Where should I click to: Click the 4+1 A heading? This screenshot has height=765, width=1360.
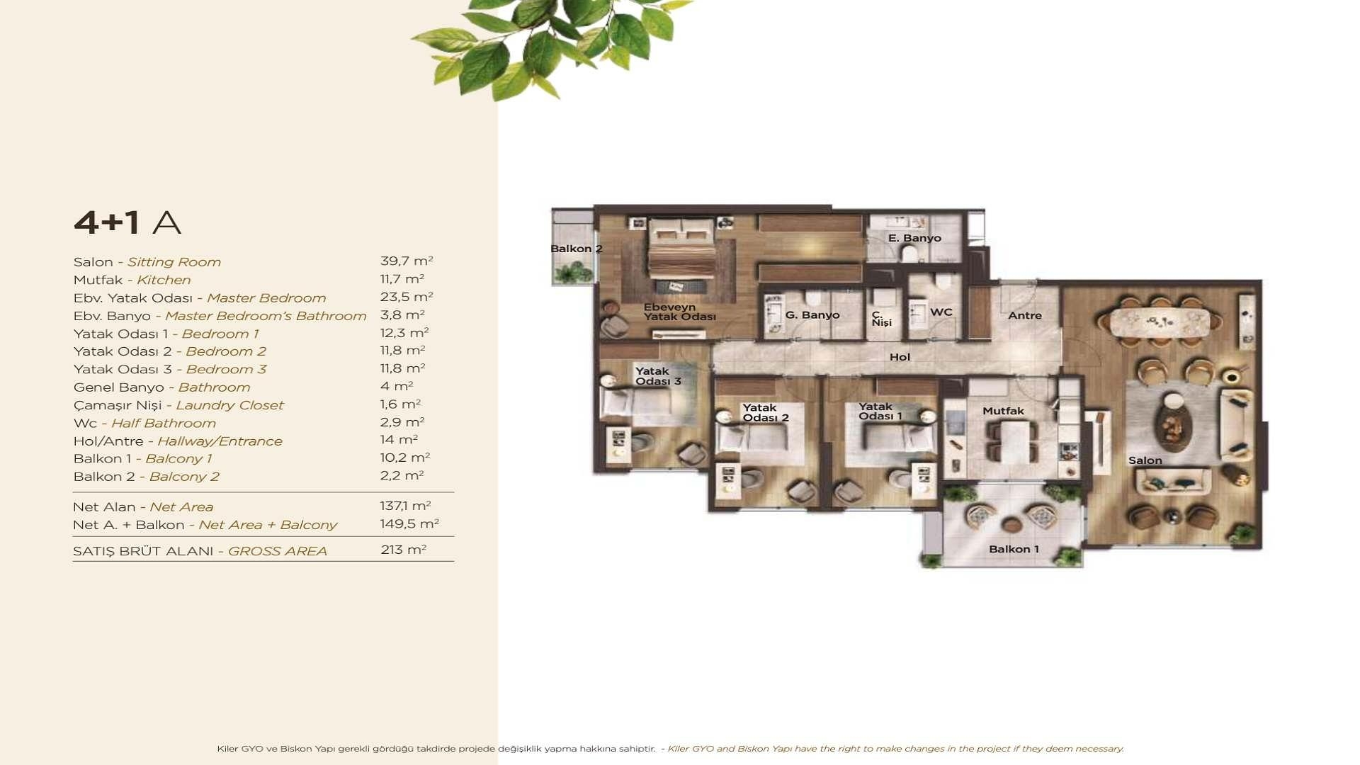coord(127,222)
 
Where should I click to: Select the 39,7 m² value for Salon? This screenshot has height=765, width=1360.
coord(406,261)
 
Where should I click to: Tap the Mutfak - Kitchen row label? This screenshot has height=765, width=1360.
coord(132,280)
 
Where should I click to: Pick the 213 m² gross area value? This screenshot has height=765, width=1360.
coord(403,550)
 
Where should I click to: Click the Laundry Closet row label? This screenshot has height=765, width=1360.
coord(178,405)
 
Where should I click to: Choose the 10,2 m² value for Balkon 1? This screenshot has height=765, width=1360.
coord(404,458)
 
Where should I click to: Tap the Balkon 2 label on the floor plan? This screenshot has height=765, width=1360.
coord(576,249)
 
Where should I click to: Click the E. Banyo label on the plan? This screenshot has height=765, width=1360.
coord(914,238)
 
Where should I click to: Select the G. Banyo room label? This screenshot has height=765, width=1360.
coord(812,314)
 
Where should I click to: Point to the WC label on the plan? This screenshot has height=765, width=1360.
coord(941,312)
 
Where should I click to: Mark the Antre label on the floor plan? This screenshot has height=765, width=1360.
coord(1024,315)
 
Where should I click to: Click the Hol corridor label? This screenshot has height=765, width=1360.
coord(900,357)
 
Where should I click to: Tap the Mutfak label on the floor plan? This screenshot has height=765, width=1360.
coord(1003,411)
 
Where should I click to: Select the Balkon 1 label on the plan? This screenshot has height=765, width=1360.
coord(1014,549)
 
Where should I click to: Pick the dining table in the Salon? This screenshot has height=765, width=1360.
coord(1160,322)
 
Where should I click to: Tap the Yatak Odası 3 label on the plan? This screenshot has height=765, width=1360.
coord(657,376)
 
